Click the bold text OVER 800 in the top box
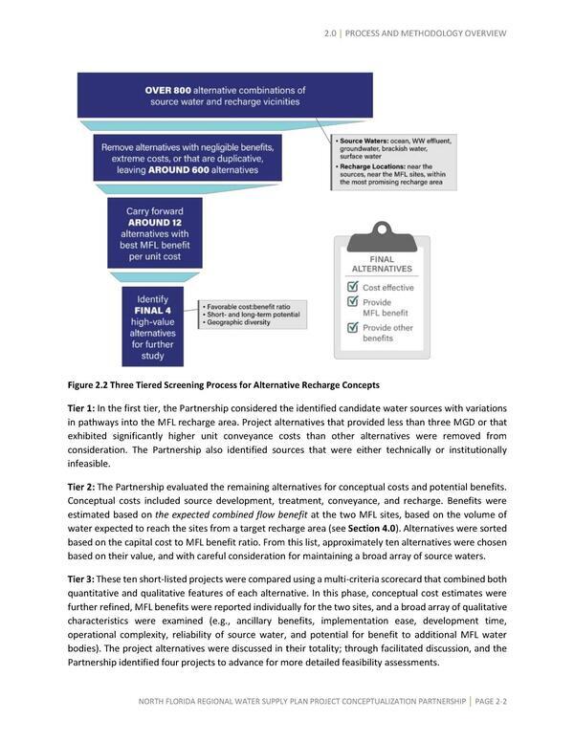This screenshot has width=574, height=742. (167, 91)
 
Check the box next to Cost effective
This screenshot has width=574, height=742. (352, 287)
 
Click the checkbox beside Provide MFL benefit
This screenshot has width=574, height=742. (352, 304)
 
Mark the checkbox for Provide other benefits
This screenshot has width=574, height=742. (352, 329)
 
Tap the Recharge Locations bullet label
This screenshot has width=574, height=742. (371, 165)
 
